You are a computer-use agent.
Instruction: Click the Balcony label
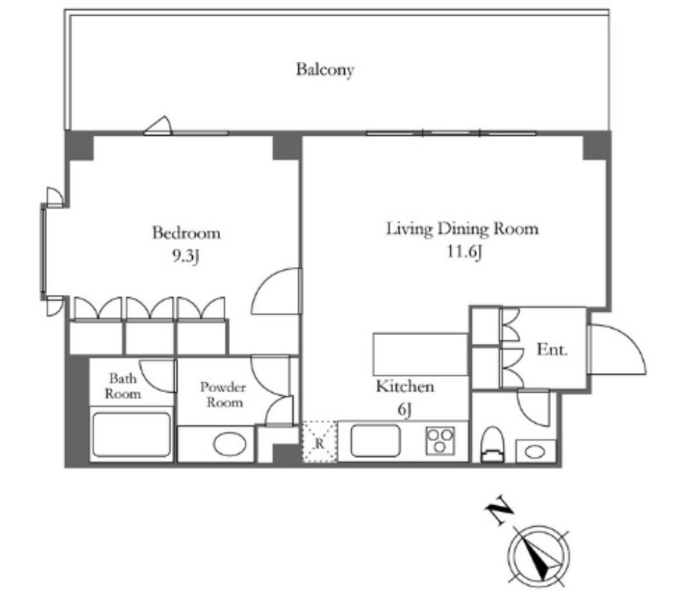pos(325,69)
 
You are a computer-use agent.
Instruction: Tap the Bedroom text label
pos(186,232)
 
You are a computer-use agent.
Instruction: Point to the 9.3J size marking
pos(185,256)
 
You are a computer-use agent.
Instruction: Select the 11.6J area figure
pos(465,252)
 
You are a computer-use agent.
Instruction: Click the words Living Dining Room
pos(462,229)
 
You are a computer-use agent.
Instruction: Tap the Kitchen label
pos(405,386)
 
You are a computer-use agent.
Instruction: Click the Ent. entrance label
pos(552,349)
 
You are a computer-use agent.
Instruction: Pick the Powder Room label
pos(223,395)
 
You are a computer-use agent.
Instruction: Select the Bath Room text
pos(123,386)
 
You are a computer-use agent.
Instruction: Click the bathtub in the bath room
pos(132,434)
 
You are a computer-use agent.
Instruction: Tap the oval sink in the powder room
pos(230,444)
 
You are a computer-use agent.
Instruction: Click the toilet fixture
pos(492,444)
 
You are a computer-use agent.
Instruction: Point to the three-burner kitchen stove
pos(439,441)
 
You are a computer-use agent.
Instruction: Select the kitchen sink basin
pos(376,440)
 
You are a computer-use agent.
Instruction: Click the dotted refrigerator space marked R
pos(319,442)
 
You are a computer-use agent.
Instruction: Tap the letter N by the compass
pos(499,510)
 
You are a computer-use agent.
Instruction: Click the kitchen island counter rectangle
pos(420,354)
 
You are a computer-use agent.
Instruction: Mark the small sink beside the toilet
pos(535,451)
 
